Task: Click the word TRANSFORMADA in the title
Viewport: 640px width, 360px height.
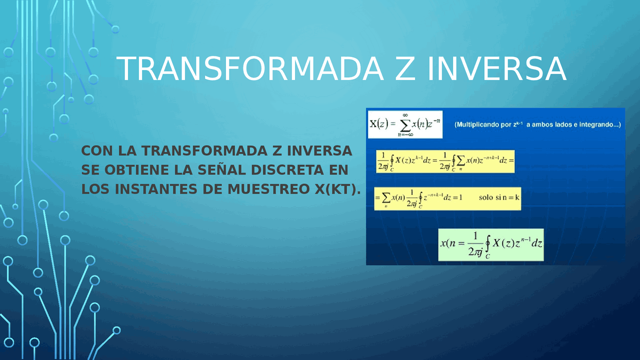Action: click(x=250, y=68)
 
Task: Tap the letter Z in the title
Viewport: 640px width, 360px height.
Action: click(x=405, y=68)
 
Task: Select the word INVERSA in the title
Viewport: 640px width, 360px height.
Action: click(x=497, y=68)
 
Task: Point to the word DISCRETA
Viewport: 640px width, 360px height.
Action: click(x=287, y=170)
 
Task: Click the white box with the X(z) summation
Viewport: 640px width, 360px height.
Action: click(x=405, y=124)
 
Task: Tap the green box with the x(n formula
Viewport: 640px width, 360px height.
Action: click(x=490, y=244)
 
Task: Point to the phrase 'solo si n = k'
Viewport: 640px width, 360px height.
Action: click(x=499, y=197)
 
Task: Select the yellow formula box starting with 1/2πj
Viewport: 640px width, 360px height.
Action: click(x=445, y=160)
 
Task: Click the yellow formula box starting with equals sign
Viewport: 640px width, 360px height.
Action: click(x=447, y=198)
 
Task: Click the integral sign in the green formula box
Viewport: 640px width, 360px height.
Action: click(x=487, y=245)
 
